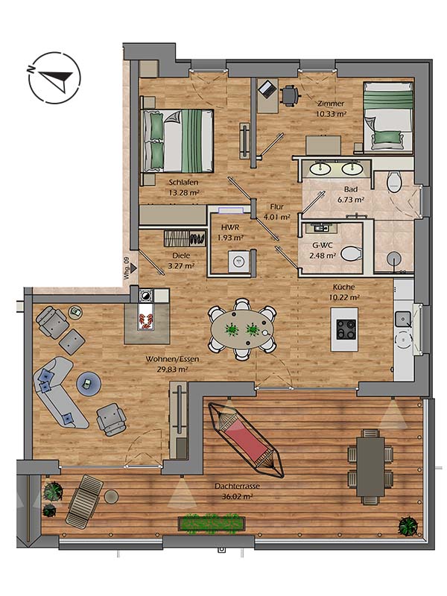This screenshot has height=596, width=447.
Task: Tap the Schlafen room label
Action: [183, 183]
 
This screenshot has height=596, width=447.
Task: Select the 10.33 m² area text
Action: [332, 114]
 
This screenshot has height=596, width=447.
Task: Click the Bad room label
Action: [350, 190]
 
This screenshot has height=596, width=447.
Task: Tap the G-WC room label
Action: [322, 244]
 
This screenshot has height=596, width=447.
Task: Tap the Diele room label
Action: [180, 255]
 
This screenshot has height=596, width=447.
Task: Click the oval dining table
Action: [242, 328]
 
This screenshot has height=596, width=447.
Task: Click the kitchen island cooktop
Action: [346, 328]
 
